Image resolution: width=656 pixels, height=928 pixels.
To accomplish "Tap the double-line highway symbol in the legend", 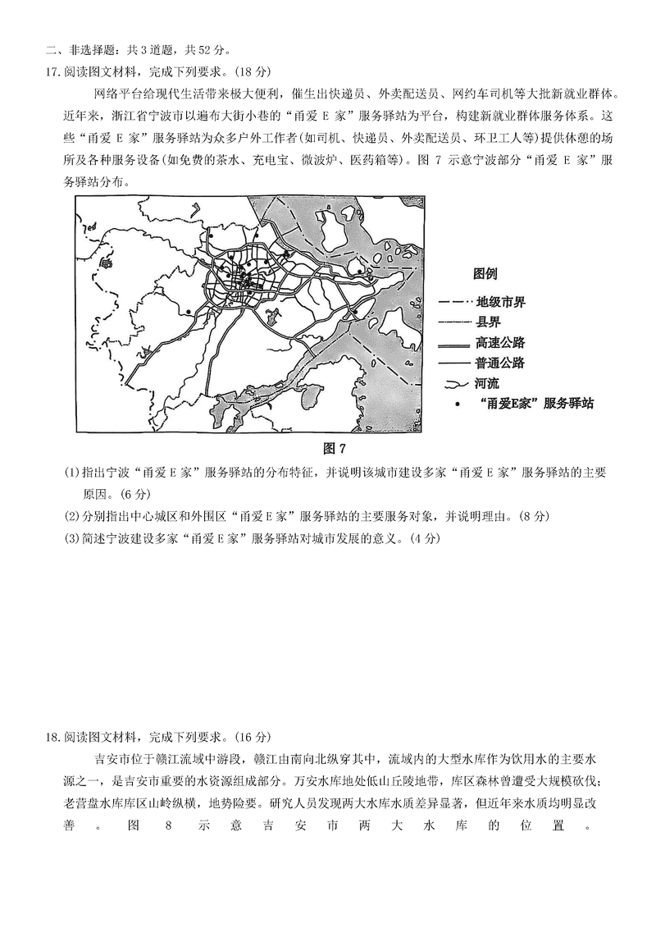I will point(455,343).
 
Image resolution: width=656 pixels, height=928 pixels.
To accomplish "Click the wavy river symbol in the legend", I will point(455,383).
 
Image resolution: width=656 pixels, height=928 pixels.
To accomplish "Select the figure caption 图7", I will point(337,448).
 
